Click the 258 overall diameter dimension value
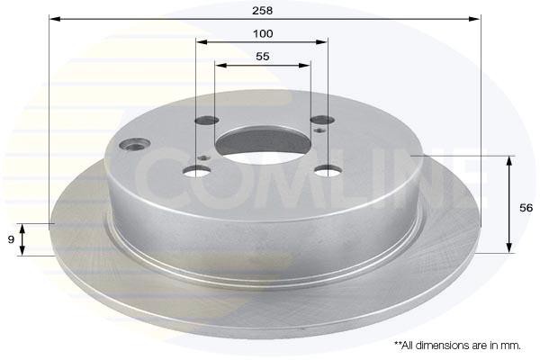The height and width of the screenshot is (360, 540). coord(263,11)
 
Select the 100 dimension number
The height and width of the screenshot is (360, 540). coord(263,34)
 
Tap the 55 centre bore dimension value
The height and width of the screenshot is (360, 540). coord(263,57)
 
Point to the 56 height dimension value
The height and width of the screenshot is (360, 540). coord(526,208)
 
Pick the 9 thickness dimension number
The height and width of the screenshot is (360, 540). coord(11,239)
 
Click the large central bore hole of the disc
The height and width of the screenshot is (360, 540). coord(264,145)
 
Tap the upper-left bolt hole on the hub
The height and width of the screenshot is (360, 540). coord(207,121)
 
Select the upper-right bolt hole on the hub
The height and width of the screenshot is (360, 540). coord(322,120)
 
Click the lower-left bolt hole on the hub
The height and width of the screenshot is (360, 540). coord(196,170)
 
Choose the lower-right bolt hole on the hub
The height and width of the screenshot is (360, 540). coord(328,170)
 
